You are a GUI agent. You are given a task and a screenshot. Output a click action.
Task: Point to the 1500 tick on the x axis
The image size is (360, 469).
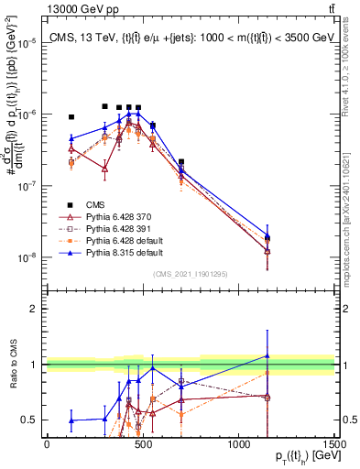[x=334, y=444]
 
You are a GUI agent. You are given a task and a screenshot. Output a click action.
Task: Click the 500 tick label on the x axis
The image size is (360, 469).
[x=142, y=444]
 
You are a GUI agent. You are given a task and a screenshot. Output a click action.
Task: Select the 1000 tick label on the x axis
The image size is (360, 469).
[x=238, y=444]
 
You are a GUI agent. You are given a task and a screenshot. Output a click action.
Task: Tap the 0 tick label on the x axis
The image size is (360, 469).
[x=47, y=444]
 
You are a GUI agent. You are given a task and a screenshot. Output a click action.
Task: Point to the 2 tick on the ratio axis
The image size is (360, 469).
[x=38, y=309]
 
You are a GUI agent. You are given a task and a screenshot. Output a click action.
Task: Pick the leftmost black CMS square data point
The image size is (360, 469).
[x=71, y=117]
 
